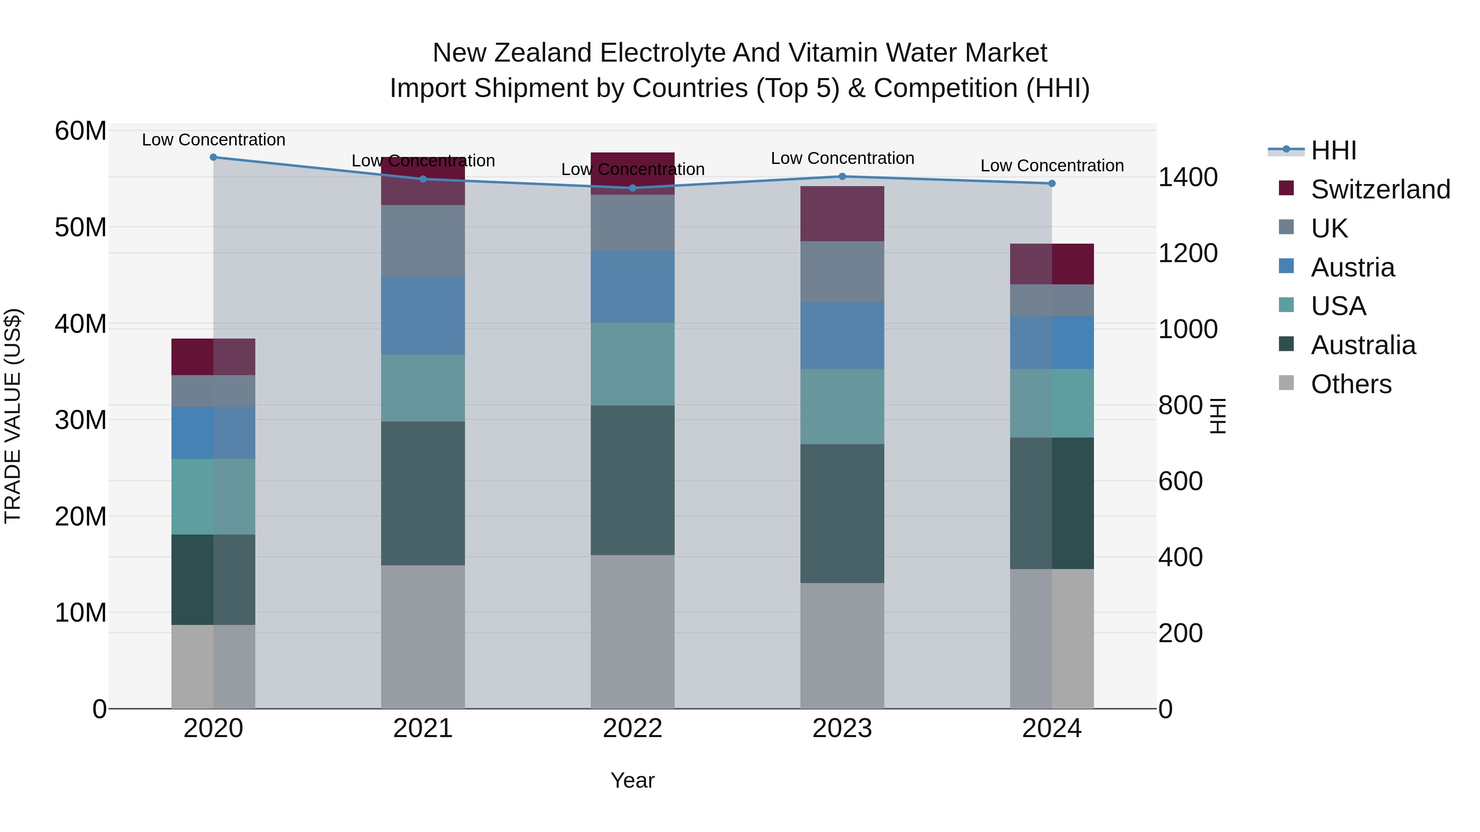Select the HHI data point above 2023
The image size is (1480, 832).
pos(842,176)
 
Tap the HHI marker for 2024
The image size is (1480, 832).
pos(1052,183)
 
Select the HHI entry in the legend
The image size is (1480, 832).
pos(1333,150)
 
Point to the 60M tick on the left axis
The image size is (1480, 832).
pos(81,131)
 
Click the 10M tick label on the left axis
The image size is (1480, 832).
pos(81,613)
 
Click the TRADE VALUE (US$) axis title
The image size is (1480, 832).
pos(13,416)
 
